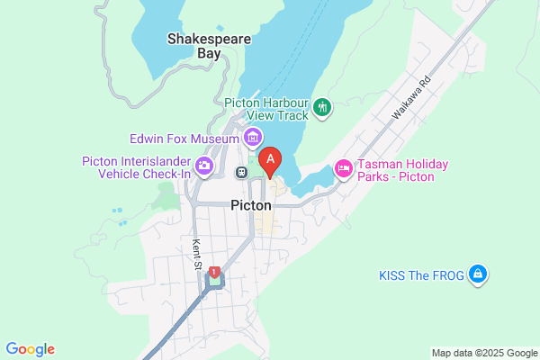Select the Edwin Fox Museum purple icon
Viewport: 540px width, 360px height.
click(x=253, y=138)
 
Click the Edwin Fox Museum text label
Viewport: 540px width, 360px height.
click(x=183, y=139)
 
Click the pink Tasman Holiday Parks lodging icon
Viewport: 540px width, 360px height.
click(x=343, y=168)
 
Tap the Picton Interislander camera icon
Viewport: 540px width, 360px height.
click(x=204, y=165)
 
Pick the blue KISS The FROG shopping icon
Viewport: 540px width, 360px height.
click(x=479, y=274)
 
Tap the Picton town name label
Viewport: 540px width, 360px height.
click(x=251, y=205)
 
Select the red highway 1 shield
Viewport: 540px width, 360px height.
click(x=214, y=271)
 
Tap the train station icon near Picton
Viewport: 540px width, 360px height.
click(x=241, y=171)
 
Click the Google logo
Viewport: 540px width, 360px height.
click(x=30, y=349)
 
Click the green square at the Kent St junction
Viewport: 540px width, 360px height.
click(x=214, y=283)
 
